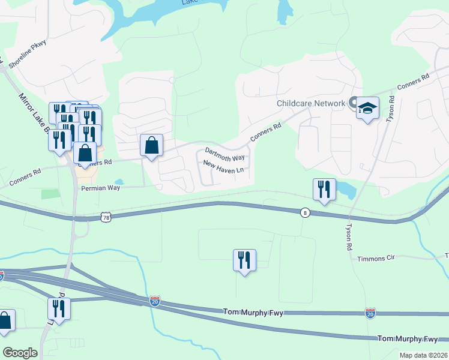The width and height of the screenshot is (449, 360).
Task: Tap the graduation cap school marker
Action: click(367, 109)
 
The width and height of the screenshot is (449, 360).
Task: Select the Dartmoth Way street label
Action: click(225, 154)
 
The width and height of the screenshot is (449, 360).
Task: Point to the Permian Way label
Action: click(101, 188)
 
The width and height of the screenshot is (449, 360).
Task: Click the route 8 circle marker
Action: click(305, 213)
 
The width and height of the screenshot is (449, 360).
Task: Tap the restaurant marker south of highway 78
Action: click(244, 260)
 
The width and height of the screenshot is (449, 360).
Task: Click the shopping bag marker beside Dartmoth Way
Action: click(152, 145)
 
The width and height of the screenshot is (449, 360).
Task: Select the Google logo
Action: click(20, 353)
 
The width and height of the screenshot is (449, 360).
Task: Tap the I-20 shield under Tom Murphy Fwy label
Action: click(370, 313)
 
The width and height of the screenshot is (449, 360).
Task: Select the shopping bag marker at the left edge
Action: click(5, 321)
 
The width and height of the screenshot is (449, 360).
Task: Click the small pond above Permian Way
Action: click(118, 182)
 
